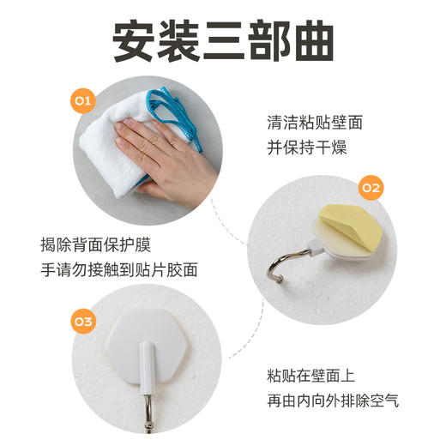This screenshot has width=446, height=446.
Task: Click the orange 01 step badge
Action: click(83, 101)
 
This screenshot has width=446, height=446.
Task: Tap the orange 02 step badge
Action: click(371, 188)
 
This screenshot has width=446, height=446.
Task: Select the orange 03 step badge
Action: click(83, 322)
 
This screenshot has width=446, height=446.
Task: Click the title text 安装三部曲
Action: click(223, 40)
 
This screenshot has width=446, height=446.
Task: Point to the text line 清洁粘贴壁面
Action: click(315, 122)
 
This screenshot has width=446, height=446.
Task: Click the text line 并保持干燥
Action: click(307, 148)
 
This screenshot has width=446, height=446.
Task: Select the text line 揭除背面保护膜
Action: click(96, 244)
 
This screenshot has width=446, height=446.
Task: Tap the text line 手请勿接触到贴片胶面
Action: click(119, 270)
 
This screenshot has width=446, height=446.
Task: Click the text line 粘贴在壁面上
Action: click(310, 376)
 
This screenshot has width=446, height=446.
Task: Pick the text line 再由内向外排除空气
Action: click(333, 401)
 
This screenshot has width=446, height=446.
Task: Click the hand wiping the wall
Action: click(166, 160)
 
